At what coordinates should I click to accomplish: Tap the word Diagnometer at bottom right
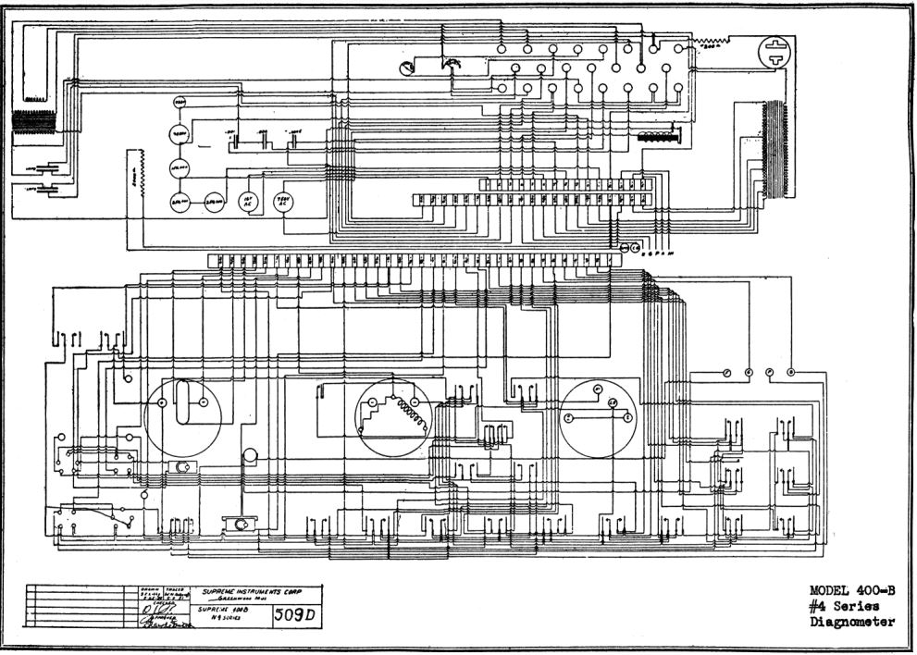[x=852, y=622]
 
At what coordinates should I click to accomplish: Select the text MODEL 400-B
[x=852, y=590]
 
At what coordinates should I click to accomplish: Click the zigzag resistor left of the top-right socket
[x=713, y=42]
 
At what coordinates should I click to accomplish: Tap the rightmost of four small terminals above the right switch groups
[x=791, y=372]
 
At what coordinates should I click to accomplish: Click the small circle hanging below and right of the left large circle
[x=250, y=456]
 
